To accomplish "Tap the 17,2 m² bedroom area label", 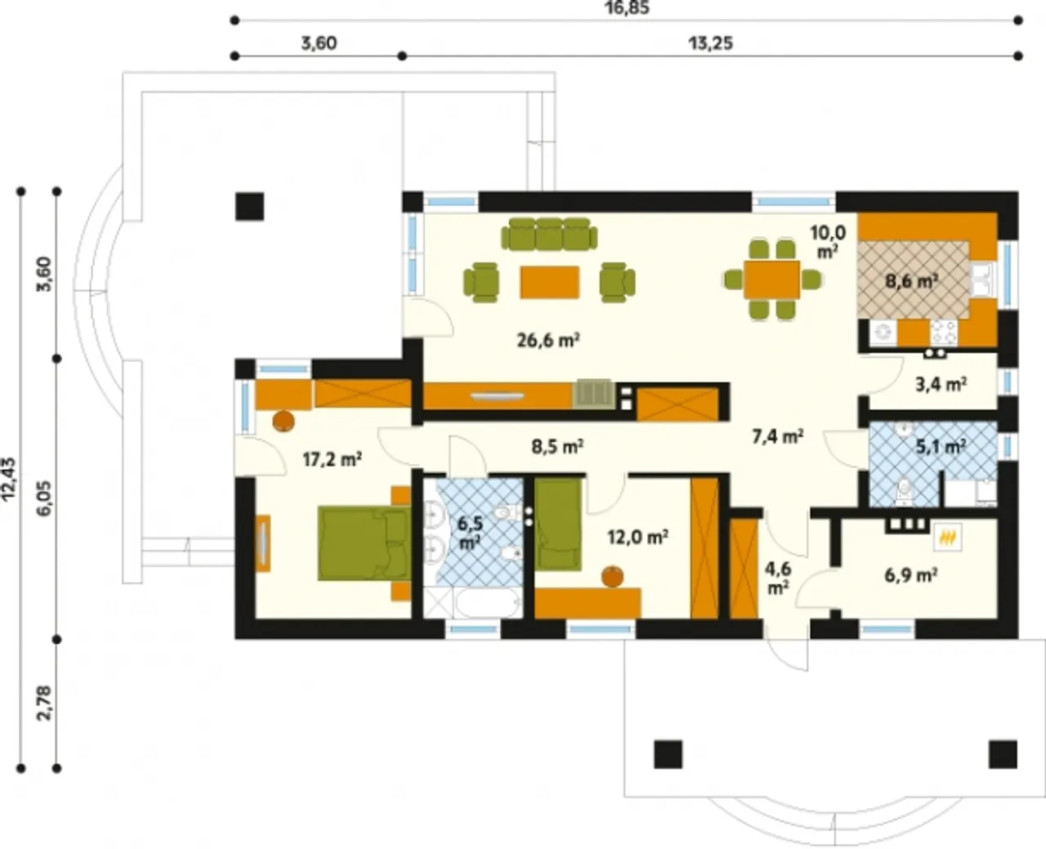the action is click(x=333, y=459).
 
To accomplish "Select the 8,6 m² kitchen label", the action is click(x=912, y=281).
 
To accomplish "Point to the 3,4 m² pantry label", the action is click(x=941, y=384).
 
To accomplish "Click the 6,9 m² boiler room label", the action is click(x=911, y=575).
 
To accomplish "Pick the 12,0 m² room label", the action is click(x=637, y=537).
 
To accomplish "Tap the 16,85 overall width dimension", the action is click(x=627, y=8).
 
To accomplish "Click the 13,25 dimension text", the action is click(x=711, y=43).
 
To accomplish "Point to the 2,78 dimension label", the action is click(x=44, y=704).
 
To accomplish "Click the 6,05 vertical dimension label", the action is click(x=44, y=498).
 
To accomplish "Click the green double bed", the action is click(x=364, y=543).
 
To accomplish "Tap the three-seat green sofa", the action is click(x=549, y=235).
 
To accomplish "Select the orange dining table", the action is click(x=772, y=280).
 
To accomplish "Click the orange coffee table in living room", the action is click(x=549, y=282).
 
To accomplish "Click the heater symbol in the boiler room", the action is click(x=947, y=538).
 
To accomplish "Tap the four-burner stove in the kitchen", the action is click(x=943, y=332).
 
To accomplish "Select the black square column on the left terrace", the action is click(x=249, y=207).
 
